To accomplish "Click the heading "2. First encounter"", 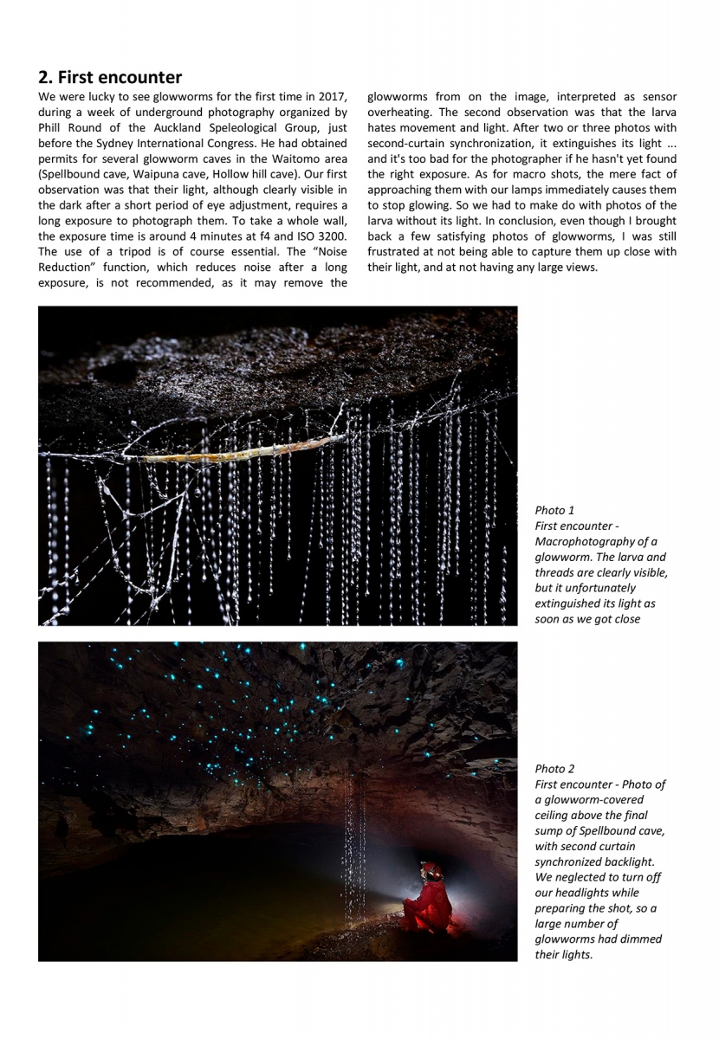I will click(110, 78).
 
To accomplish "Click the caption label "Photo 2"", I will click(554, 768).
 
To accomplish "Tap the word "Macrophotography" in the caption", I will click(585, 542).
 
